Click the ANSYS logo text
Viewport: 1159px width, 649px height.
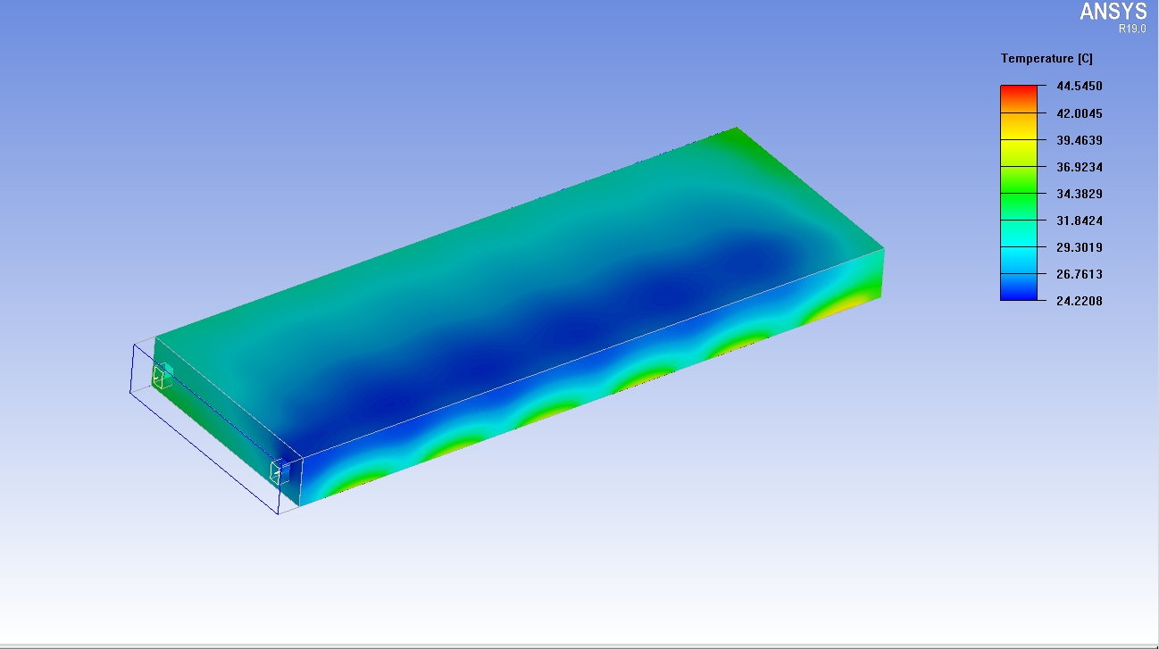pyautogui.click(x=1113, y=12)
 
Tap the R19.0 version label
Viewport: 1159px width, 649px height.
pyautogui.click(x=1132, y=29)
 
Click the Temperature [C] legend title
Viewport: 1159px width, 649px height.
pyautogui.click(x=1046, y=58)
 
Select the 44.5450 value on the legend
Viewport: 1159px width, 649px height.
pyautogui.click(x=1079, y=86)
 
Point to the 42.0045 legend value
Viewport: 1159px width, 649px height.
pyautogui.click(x=1079, y=113)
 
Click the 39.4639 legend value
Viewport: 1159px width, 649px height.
pyautogui.click(x=1079, y=140)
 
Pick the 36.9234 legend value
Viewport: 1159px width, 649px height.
pyautogui.click(x=1079, y=167)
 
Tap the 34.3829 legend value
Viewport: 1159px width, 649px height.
pyautogui.click(x=1079, y=194)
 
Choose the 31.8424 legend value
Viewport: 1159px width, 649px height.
pyautogui.click(x=1079, y=220)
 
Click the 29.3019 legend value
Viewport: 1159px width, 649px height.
pyautogui.click(x=1079, y=247)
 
